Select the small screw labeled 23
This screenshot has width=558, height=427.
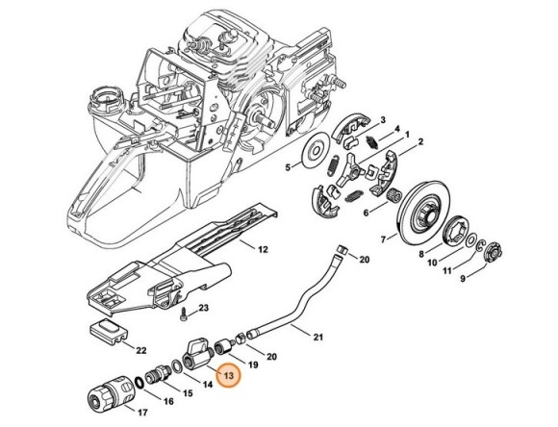[x=181, y=314]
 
